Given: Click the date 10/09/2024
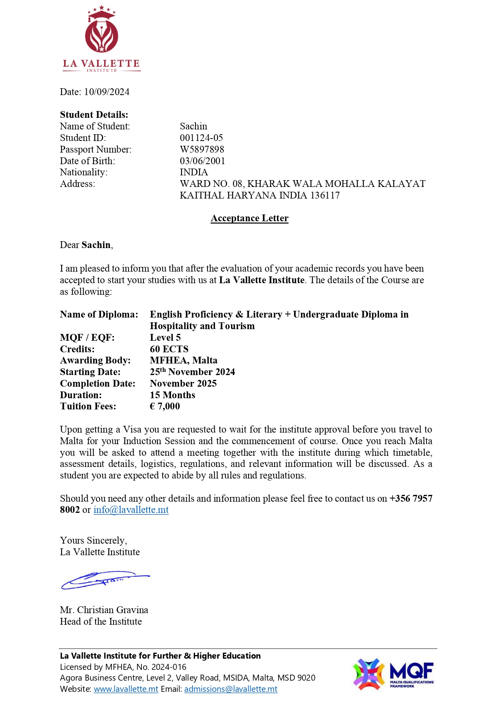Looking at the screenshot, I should (x=107, y=92).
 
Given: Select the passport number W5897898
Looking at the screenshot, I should (x=202, y=149).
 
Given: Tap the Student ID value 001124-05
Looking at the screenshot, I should (x=201, y=138).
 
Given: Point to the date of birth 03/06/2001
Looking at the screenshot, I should (x=202, y=161).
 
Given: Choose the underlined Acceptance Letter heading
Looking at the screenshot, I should (x=249, y=218).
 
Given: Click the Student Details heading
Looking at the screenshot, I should (x=94, y=115).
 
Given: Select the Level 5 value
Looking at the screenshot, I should (x=165, y=338).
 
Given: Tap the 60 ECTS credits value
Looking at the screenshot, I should (x=169, y=349).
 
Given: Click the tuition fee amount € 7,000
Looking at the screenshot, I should (x=165, y=406).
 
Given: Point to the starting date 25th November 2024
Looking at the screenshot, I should (x=192, y=372).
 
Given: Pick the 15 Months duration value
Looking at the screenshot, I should (x=172, y=395).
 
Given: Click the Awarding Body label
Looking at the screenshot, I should (x=95, y=360).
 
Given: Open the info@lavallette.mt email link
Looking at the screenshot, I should (x=131, y=510).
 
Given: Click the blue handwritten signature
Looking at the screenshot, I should (x=105, y=580).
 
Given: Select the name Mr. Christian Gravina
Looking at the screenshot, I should (x=104, y=610).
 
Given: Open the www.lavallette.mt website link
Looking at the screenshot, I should (x=126, y=689).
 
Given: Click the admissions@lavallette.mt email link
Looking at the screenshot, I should (x=231, y=689).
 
